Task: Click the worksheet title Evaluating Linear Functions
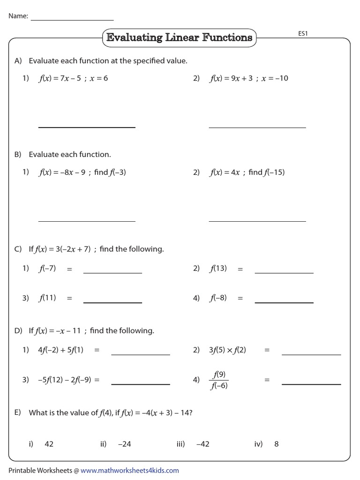pyautogui.click(x=179, y=37)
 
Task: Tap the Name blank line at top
pyautogui.click(x=72, y=20)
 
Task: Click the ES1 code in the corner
pyautogui.click(x=302, y=34)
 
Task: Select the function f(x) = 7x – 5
pyautogui.click(x=58, y=78)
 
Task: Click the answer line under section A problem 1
pyautogui.click(x=87, y=127)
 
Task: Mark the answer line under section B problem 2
pyautogui.click(x=257, y=220)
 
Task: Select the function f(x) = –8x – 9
pyautogui.click(x=62, y=172)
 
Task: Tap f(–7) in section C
pyautogui.click(x=47, y=269)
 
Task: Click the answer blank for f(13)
pyautogui.click(x=284, y=272)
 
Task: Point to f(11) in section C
pyautogui.click(x=47, y=298)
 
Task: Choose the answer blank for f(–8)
pyautogui.click(x=284, y=302)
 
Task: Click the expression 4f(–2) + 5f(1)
pyautogui.click(x=61, y=350)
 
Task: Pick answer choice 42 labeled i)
pyautogui.click(x=49, y=444)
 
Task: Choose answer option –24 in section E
pyautogui.click(x=125, y=444)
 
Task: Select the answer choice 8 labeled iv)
pyautogui.click(x=277, y=444)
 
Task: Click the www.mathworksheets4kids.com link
pyautogui.click(x=130, y=470)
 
